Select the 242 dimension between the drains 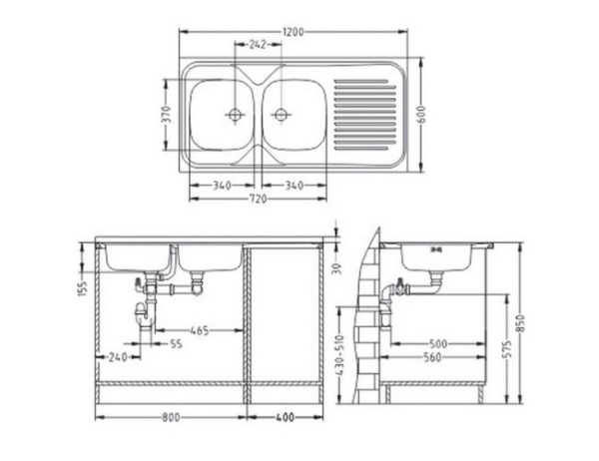(x=258, y=44)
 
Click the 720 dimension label (x=259, y=199)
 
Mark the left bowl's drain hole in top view (x=236, y=114)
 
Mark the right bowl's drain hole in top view (x=281, y=114)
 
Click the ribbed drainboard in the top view (x=367, y=110)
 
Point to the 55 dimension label (x=176, y=344)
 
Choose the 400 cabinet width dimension (x=286, y=417)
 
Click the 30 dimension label (x=337, y=267)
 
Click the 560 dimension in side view (x=432, y=357)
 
